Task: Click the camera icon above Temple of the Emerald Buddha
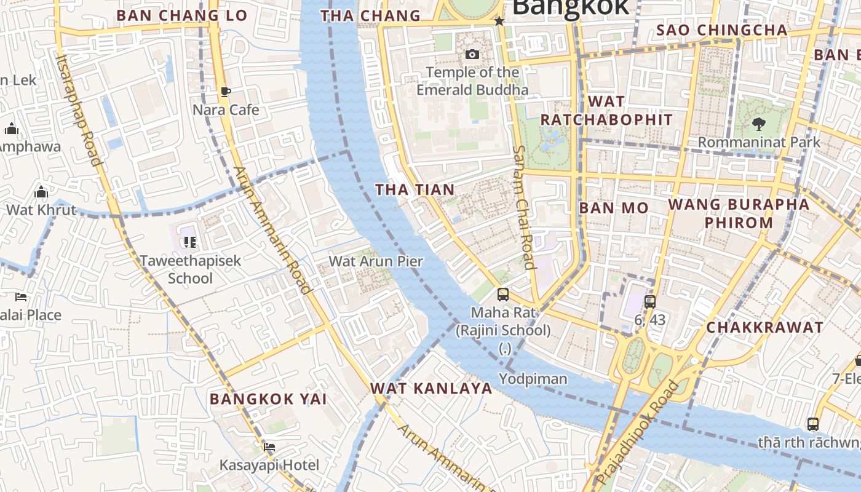pyautogui.click(x=472, y=54)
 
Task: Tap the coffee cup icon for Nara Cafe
pyautogui.click(x=226, y=92)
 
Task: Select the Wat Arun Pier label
pyautogui.click(x=376, y=261)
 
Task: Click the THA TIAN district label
pyautogui.click(x=415, y=190)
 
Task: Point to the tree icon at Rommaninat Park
pyautogui.click(x=758, y=124)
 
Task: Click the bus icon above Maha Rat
pyautogui.click(x=503, y=295)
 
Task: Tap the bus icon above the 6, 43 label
pyautogui.click(x=650, y=302)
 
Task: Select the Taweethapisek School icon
pyautogui.click(x=190, y=242)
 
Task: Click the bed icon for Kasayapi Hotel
pyautogui.click(x=269, y=447)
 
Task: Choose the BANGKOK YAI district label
pyautogui.click(x=268, y=399)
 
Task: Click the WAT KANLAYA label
pyautogui.click(x=431, y=389)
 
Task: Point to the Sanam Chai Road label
pyautogui.click(x=523, y=207)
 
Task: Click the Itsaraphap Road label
pyautogui.click(x=77, y=109)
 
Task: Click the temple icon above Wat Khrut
pyautogui.click(x=41, y=192)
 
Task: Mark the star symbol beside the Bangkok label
pyautogui.click(x=499, y=22)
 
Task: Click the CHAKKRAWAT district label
pyautogui.click(x=764, y=328)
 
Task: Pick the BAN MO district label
pyautogui.click(x=614, y=208)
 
